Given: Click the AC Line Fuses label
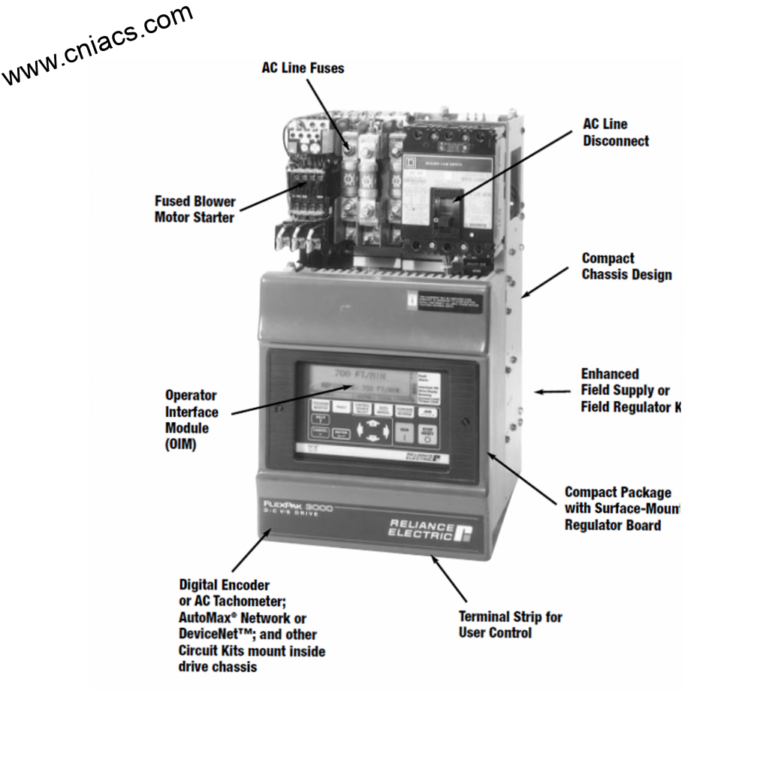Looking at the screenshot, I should tap(298, 68).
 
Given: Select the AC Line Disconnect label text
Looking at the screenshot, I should tap(616, 132).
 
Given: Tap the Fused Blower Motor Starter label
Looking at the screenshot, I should tap(195, 210).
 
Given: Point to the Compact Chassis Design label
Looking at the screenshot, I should tap(626, 266).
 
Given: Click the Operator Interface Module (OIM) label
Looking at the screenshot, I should tap(191, 420).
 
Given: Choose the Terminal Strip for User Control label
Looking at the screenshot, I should tap(510, 625).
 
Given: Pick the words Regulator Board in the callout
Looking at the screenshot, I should tap(613, 525).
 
